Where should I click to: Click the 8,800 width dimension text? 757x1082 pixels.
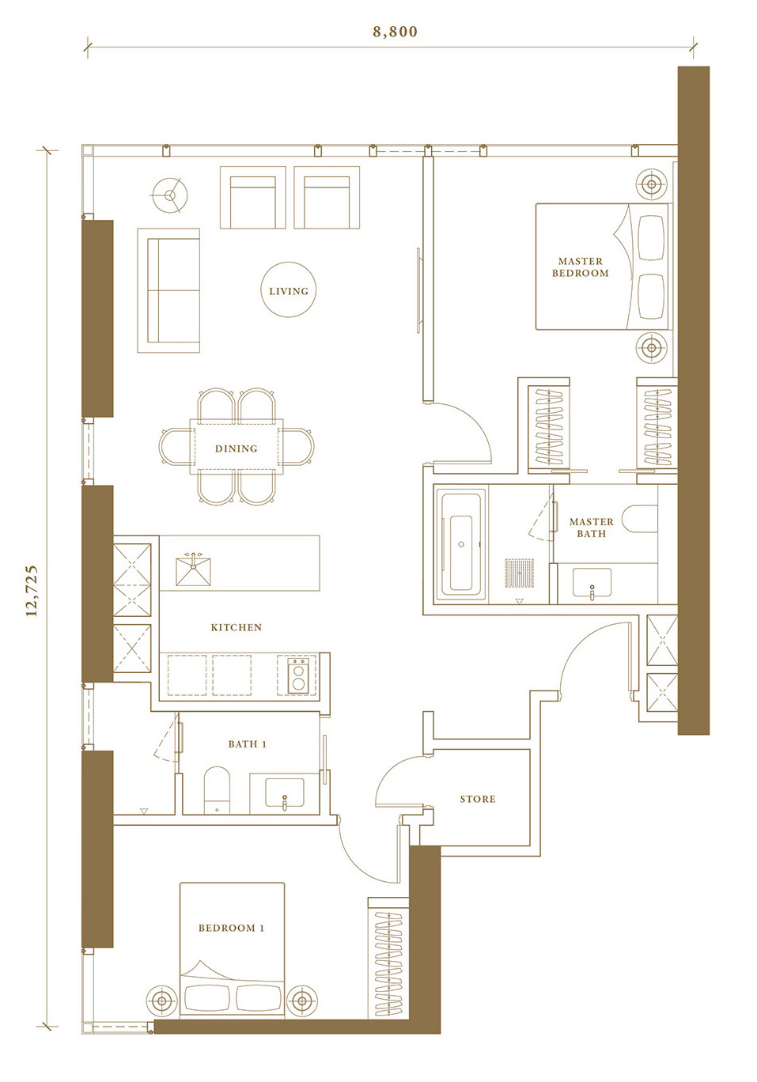tap(395, 32)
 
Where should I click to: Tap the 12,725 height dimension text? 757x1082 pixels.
tap(32, 590)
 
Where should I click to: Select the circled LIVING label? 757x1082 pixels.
tap(289, 291)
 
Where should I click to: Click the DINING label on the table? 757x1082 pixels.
tap(237, 448)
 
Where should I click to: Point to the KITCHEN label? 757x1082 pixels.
tap(237, 627)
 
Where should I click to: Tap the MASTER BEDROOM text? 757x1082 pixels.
tap(580, 267)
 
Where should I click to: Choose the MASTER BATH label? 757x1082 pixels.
tap(592, 528)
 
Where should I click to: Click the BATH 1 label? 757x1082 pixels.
tap(248, 744)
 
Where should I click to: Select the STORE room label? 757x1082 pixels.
tap(478, 800)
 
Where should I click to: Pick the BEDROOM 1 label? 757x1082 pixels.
tap(232, 928)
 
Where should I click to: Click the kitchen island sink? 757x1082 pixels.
tap(193, 570)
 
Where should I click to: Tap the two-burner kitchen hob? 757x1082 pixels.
tap(298, 675)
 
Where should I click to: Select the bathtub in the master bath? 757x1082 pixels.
tap(461, 545)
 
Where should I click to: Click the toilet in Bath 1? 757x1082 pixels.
tap(217, 789)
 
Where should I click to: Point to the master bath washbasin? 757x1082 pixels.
tap(592, 584)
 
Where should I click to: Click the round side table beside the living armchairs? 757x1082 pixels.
tap(169, 195)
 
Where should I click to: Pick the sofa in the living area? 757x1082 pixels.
tap(168, 290)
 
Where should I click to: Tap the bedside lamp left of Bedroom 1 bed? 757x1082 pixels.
tap(162, 1001)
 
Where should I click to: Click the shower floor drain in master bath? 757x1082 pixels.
tap(520, 573)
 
